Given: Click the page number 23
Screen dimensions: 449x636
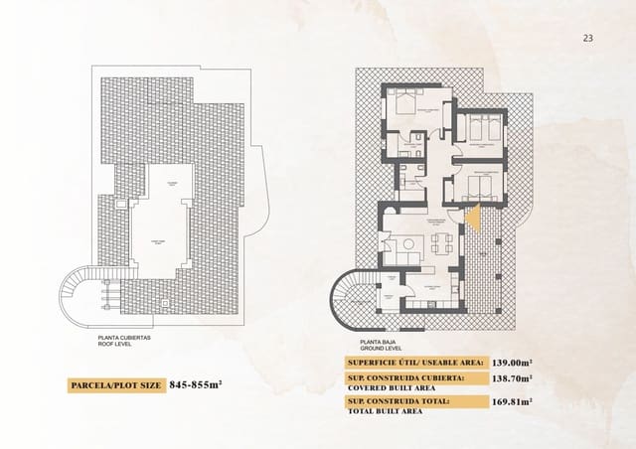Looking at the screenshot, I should click(x=587, y=38).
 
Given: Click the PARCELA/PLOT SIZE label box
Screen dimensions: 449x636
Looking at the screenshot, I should click(x=115, y=383).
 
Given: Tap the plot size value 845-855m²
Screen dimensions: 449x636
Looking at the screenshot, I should click(x=195, y=383).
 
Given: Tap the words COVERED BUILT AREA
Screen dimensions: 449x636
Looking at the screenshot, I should click(x=393, y=388).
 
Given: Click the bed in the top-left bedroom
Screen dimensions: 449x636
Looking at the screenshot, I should click(x=404, y=103).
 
